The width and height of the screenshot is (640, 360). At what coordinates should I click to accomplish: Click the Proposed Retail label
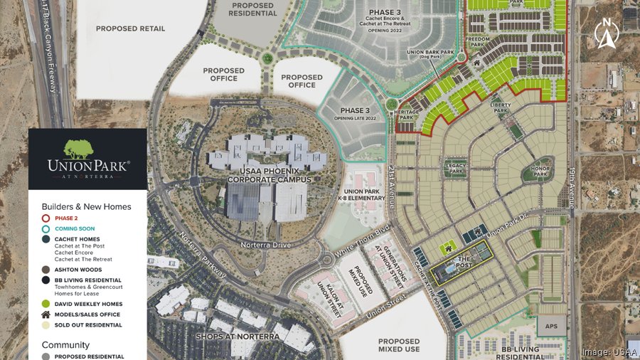(130, 28)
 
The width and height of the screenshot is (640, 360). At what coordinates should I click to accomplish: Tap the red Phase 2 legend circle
(46, 218)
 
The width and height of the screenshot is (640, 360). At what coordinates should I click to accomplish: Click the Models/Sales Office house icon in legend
(46, 314)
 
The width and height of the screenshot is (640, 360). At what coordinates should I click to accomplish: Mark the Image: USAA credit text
(609, 351)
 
